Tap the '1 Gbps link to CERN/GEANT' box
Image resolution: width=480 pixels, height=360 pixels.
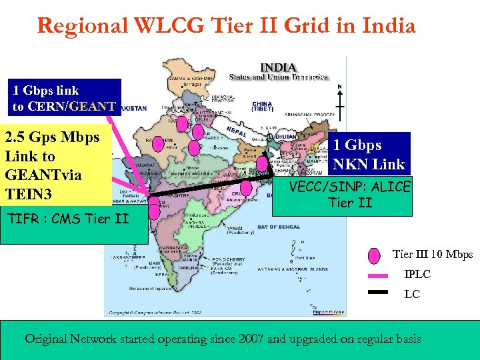(65, 98)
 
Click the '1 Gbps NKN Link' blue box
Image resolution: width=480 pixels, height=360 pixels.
(370, 154)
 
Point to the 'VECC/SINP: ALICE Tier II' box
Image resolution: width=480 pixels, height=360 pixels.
(350, 194)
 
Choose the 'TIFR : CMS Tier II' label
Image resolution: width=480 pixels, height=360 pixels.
(66, 219)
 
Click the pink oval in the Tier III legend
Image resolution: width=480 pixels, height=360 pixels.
(375, 255)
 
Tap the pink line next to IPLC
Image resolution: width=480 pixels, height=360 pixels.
(379, 274)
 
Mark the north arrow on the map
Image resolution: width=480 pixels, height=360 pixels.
(340, 100)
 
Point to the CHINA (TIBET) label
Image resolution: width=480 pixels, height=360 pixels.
(261, 107)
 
